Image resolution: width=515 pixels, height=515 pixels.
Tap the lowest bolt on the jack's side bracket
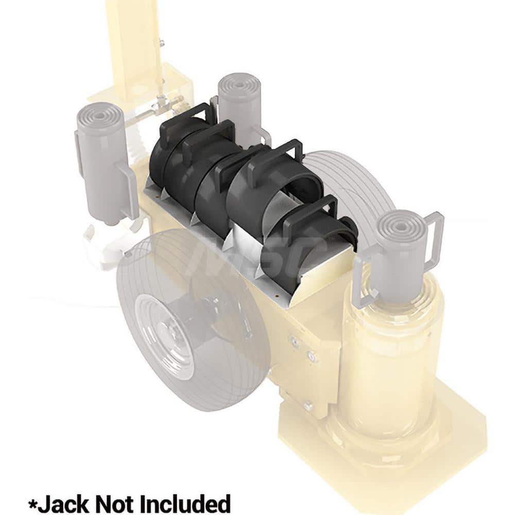coord(308,407)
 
